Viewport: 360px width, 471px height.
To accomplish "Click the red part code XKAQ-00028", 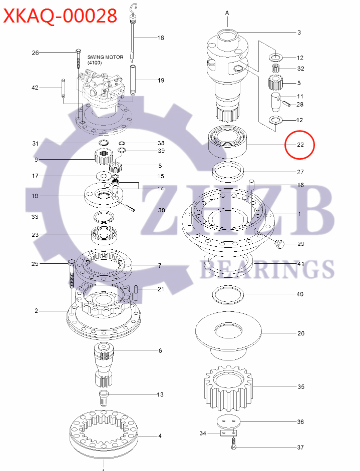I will click(60, 16).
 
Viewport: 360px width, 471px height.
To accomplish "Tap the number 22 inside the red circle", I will click(300, 145).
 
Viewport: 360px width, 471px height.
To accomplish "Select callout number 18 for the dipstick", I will click(161, 38).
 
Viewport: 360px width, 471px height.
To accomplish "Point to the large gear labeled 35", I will click(225, 386).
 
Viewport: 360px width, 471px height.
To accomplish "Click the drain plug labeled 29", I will click(280, 244).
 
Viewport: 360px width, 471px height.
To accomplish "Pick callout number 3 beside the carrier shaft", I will click(299, 33).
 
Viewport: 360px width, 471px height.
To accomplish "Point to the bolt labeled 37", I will click(233, 444).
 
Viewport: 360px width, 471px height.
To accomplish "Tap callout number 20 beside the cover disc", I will click(300, 333).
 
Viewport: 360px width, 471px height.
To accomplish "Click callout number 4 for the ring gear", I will click(160, 436).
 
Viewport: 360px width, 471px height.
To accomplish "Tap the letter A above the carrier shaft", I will click(227, 12).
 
